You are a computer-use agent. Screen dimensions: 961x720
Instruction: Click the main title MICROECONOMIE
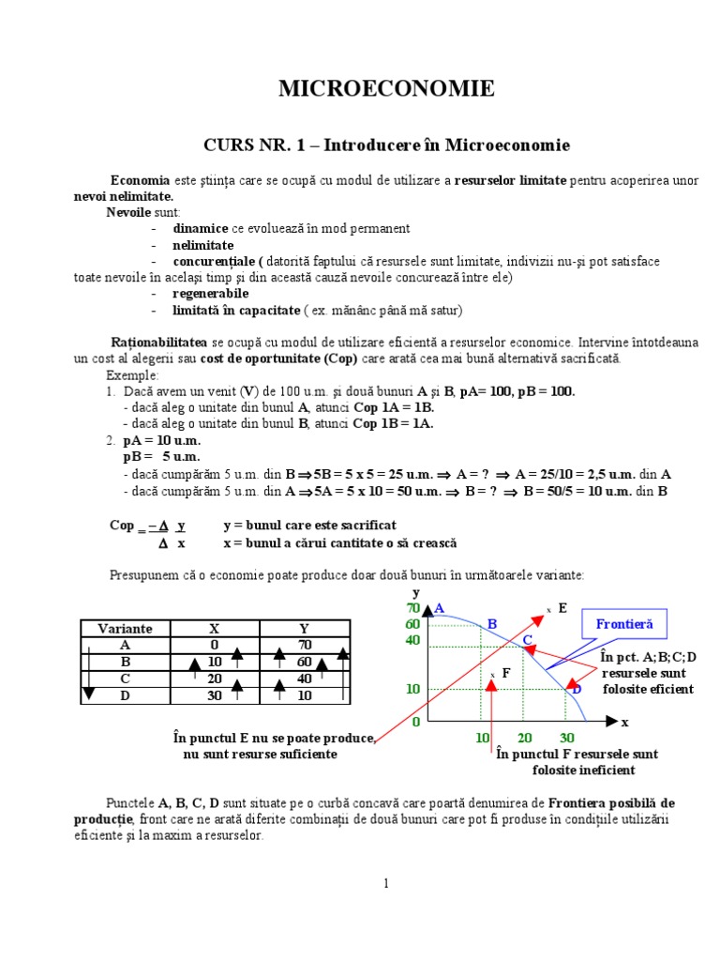click(386, 89)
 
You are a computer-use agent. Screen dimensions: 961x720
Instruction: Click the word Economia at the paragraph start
click(140, 180)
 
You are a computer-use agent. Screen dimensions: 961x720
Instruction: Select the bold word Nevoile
click(127, 212)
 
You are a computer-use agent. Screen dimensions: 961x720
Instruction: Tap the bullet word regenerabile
click(210, 293)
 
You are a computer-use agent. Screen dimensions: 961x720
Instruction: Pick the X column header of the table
click(214, 629)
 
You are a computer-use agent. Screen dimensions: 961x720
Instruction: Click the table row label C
click(125, 679)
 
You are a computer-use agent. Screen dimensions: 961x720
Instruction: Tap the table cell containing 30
click(214, 695)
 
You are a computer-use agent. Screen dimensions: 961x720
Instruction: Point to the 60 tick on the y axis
click(413, 624)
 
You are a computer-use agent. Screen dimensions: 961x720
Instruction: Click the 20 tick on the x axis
click(525, 738)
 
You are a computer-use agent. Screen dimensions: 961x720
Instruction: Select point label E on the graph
click(562, 608)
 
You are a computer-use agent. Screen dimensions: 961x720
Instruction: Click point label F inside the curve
click(506, 673)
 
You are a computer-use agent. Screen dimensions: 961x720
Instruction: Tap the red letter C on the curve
click(528, 640)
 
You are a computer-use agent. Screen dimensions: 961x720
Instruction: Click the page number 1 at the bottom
click(385, 883)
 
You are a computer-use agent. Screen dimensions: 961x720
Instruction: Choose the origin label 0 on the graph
click(415, 722)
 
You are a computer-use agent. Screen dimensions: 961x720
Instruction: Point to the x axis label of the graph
click(623, 722)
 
